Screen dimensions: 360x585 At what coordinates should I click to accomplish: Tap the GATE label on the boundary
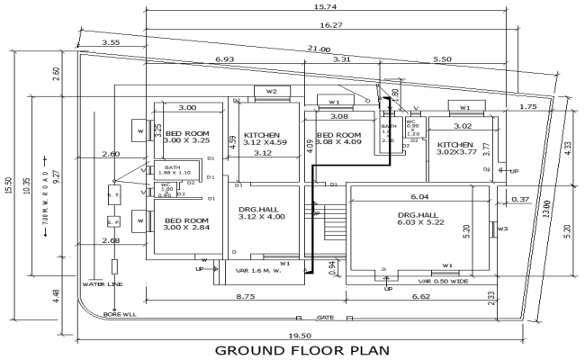click(326, 318)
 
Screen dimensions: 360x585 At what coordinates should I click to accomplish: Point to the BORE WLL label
click(119, 315)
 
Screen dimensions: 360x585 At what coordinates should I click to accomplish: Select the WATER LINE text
click(102, 284)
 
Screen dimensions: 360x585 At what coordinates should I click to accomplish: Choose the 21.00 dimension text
click(319, 48)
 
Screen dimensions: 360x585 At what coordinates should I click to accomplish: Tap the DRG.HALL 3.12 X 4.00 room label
click(261, 212)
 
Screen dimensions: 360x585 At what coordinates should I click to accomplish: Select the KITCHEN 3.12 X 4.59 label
click(264, 139)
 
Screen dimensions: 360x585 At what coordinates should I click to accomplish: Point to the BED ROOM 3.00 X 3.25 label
click(186, 138)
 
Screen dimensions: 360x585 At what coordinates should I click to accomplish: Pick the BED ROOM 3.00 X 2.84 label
click(186, 224)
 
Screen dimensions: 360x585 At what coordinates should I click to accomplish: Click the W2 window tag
click(271, 91)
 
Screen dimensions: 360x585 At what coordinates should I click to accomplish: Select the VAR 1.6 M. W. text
click(261, 271)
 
